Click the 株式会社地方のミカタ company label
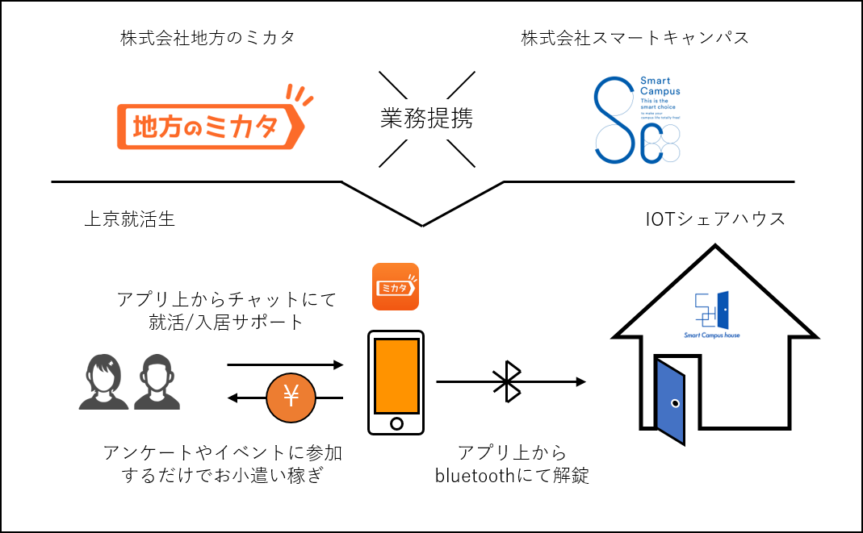208,39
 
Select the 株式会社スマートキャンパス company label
635,39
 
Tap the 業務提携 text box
426,119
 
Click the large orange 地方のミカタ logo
210,126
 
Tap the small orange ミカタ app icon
396,286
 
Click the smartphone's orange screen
396,376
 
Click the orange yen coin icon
291,398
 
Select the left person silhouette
103,382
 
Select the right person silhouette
157,382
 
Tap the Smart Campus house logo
712,314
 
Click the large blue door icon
670,402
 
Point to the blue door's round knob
675,403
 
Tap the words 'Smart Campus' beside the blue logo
660,86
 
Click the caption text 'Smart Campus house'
712,335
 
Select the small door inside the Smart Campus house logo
723,308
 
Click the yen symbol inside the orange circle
291,396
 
